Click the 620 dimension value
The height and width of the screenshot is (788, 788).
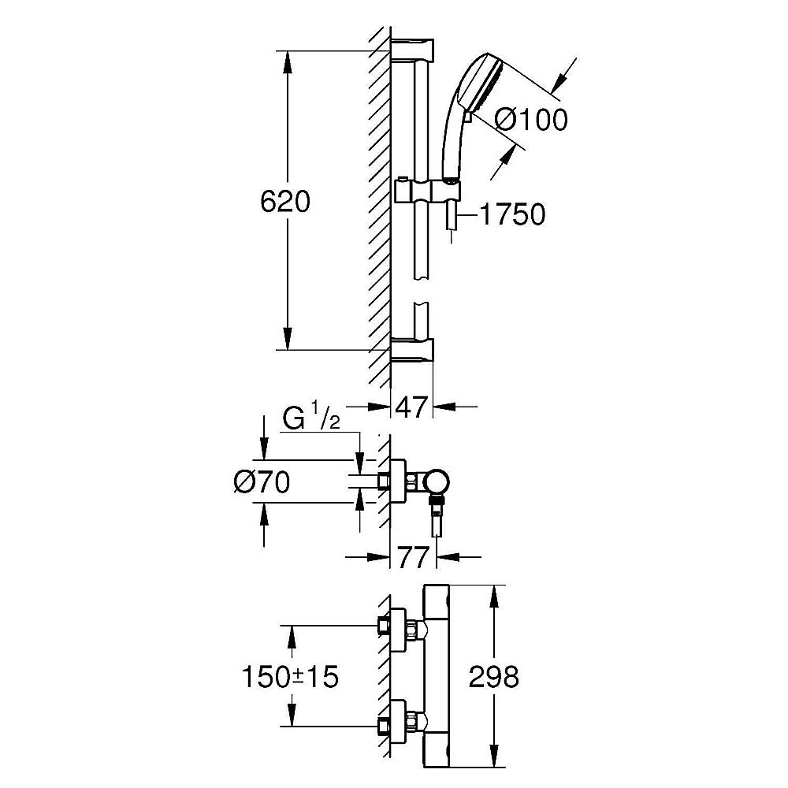[285, 202]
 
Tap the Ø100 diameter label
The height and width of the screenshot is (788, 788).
[530, 121]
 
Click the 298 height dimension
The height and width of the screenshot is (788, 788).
[495, 676]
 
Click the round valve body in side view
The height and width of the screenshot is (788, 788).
[437, 480]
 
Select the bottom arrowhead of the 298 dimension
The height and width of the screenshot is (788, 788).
[494, 761]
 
